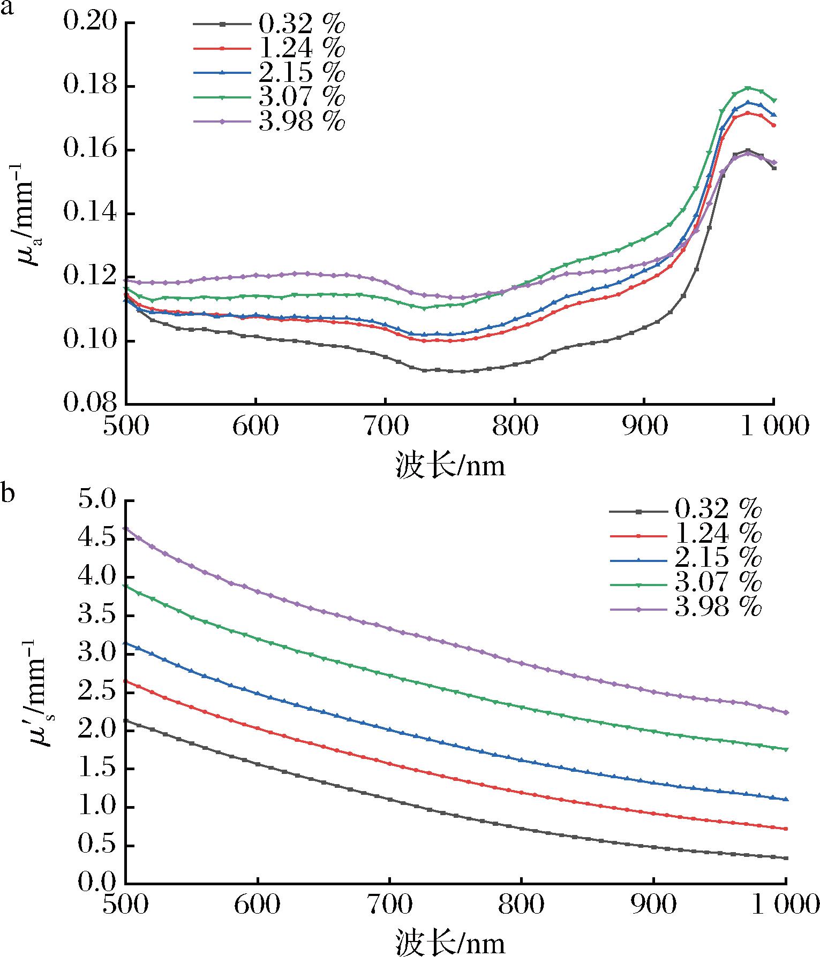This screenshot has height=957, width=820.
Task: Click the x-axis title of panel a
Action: pyautogui.click(x=450, y=465)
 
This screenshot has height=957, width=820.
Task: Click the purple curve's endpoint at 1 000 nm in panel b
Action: pyautogui.click(x=786, y=712)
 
